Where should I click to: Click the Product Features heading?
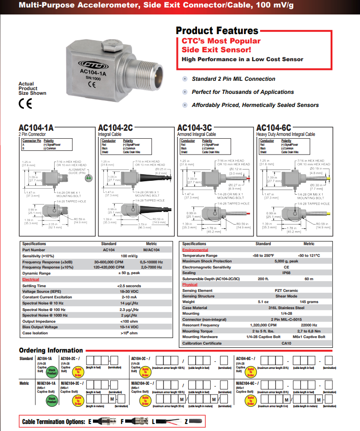tap(217, 31)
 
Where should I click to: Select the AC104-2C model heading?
tap(115, 128)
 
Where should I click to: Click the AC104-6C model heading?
tap(274, 128)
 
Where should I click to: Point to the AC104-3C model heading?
tap(194, 128)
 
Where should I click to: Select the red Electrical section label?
tap(31, 279)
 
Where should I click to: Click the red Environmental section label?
tap(195, 250)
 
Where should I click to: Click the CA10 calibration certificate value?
tap(287, 343)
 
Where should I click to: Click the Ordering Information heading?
tap(50, 351)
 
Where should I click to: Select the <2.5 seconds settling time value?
tap(129, 286)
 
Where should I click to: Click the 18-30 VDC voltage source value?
tap(129, 291)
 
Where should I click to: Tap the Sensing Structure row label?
tap(198, 296)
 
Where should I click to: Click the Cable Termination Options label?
tap(53, 422)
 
